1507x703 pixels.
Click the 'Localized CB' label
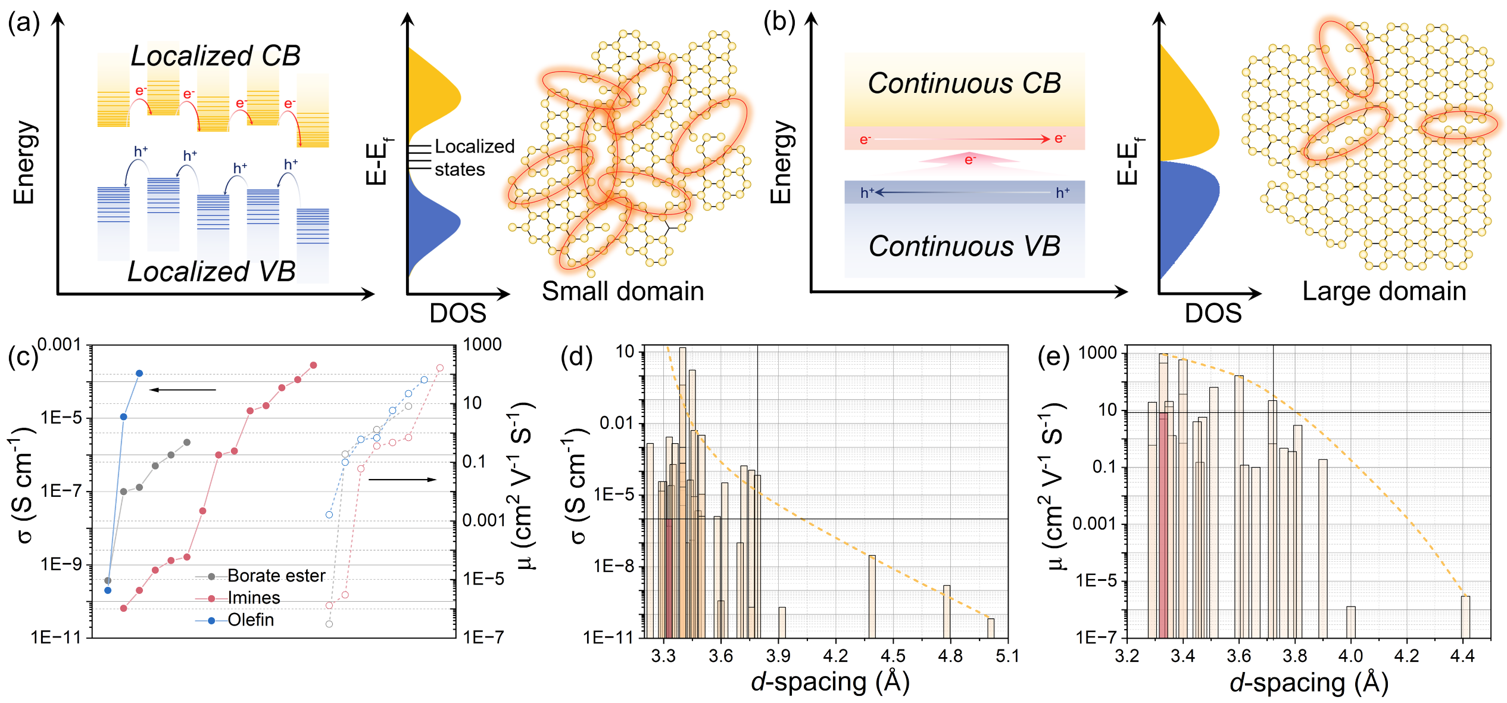pyautogui.click(x=216, y=56)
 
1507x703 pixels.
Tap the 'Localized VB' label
pyautogui.click(x=211, y=272)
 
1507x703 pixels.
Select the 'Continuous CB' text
pyautogui.click(x=964, y=83)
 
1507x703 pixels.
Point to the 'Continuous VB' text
pyautogui.click(x=964, y=246)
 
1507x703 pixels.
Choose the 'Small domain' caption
pyautogui.click(x=622, y=291)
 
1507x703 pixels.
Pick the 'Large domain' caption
pyautogui.click(x=1384, y=291)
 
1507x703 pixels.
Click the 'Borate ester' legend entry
pyautogui.click(x=276, y=576)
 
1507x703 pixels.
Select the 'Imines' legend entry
pyautogui.click(x=254, y=598)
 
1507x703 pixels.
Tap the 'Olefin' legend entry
pyautogui.click(x=251, y=620)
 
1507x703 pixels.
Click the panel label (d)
pyautogui.click(x=576, y=357)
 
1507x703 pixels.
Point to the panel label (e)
pyautogui.click(x=1053, y=357)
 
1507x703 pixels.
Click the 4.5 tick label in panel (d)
pyautogui.click(x=893, y=656)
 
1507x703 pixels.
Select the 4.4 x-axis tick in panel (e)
pyautogui.click(x=1462, y=656)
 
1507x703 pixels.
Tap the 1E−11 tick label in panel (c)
pyautogui.click(x=56, y=637)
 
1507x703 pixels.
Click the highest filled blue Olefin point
pyautogui.click(x=139, y=374)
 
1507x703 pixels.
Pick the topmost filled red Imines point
pyautogui.click(x=314, y=365)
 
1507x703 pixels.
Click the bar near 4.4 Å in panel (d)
pyautogui.click(x=872, y=596)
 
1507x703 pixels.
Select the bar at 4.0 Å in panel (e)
pyautogui.click(x=1351, y=622)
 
